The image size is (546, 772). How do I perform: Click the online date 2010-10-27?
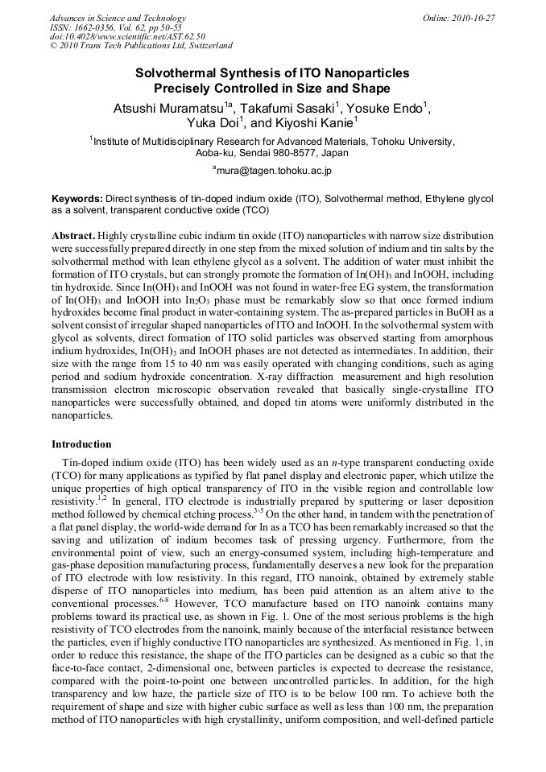pyautogui.click(x=474, y=19)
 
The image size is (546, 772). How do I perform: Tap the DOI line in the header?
pyautogui.click(x=127, y=36)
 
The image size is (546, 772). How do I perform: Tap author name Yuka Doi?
pyautogui.click(x=210, y=123)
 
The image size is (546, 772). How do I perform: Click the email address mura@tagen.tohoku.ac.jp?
pyautogui.click(x=275, y=171)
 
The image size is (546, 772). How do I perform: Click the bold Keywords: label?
pyautogui.click(x=77, y=198)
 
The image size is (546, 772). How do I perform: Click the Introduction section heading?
pyautogui.click(x=81, y=444)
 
